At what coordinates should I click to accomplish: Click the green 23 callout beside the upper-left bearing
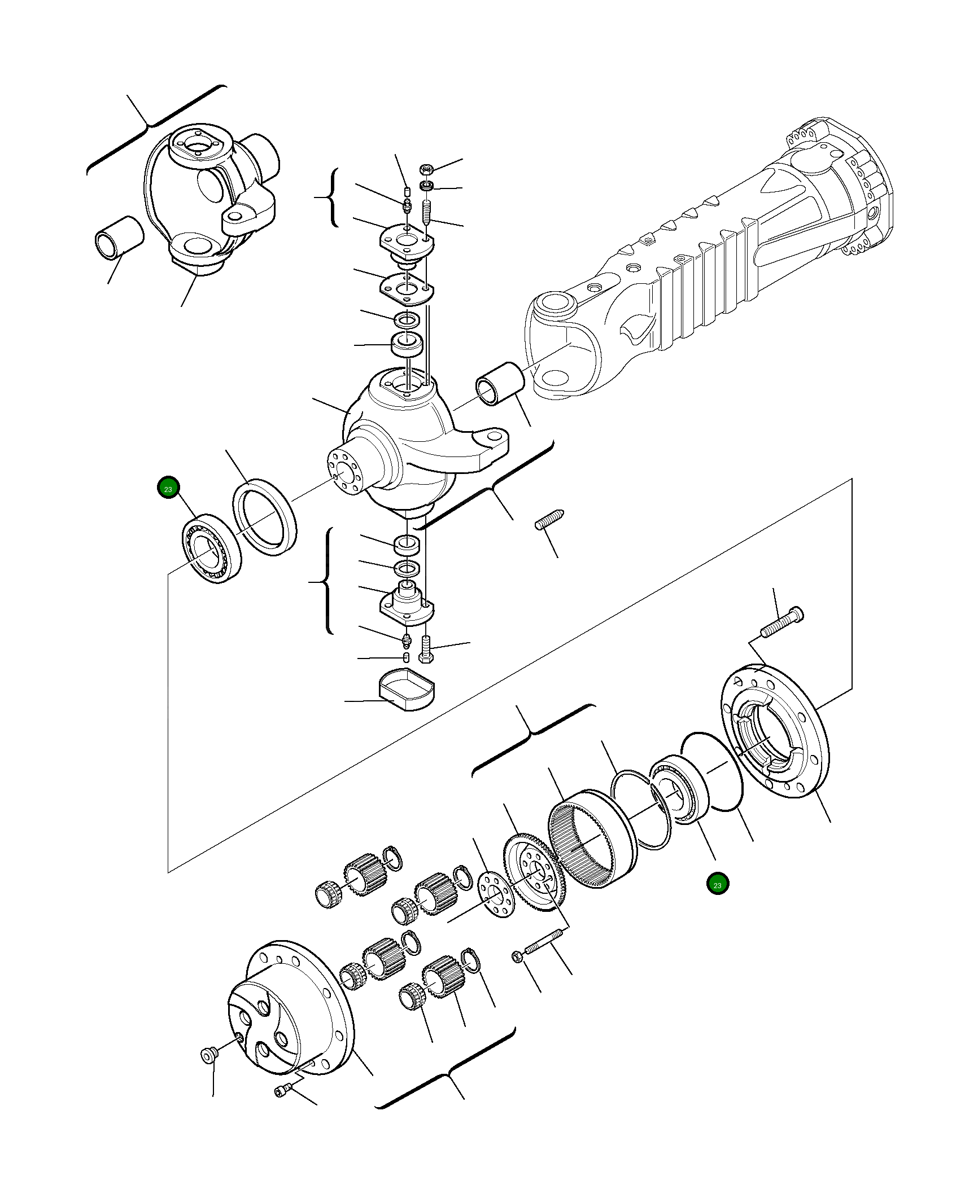[168, 489]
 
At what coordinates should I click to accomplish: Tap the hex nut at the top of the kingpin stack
[427, 169]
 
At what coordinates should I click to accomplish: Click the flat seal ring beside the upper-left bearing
[265, 517]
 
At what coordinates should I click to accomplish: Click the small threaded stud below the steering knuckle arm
[549, 519]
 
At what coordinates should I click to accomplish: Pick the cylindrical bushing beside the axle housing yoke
[500, 384]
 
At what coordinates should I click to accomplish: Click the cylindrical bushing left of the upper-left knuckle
[119, 235]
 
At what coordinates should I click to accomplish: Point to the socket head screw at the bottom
[282, 1091]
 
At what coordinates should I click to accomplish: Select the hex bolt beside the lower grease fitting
[426, 649]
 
